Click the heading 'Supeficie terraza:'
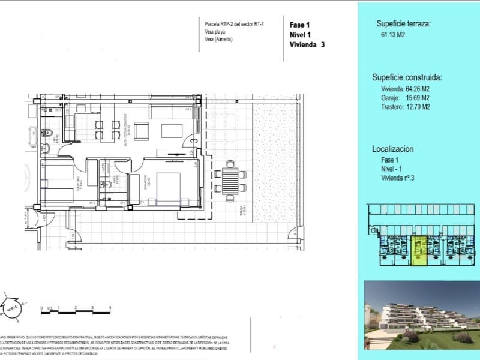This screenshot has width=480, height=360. click(x=403, y=25)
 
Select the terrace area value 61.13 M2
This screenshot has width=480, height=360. click(x=388, y=35)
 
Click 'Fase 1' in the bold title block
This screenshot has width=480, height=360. click(x=299, y=25)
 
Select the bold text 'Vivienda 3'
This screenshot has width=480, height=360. click(x=307, y=44)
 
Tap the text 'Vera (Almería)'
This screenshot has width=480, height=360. click(x=218, y=40)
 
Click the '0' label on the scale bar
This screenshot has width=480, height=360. click(x=41, y=307)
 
